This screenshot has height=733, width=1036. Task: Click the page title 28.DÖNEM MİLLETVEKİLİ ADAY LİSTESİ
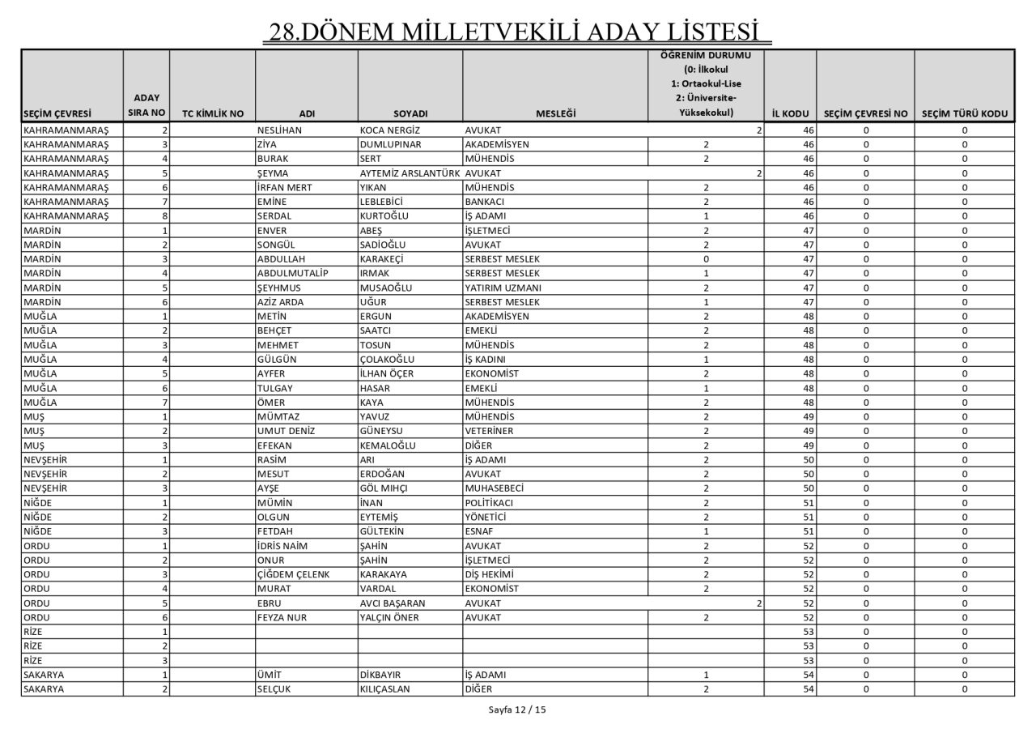[x=517, y=32]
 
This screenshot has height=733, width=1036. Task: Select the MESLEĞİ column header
[x=555, y=113]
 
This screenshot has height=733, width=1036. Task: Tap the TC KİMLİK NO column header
[x=212, y=113]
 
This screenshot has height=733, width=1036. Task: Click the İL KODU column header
[x=789, y=113]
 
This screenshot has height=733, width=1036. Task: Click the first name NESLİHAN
[x=279, y=130]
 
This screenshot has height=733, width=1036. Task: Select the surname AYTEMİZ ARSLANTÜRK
[x=410, y=173]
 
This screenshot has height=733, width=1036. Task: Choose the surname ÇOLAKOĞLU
[x=387, y=359]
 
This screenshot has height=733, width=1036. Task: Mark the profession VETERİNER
[x=489, y=431]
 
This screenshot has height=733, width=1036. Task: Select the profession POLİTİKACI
[x=489, y=502]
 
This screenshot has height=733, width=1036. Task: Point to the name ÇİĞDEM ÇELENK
[x=293, y=574]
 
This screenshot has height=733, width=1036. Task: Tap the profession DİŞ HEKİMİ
[x=490, y=574]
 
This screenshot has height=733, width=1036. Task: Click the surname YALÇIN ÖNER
[x=393, y=617]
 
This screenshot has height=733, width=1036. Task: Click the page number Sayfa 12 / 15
[x=517, y=710]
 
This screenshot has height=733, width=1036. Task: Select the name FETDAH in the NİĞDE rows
[x=274, y=531]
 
